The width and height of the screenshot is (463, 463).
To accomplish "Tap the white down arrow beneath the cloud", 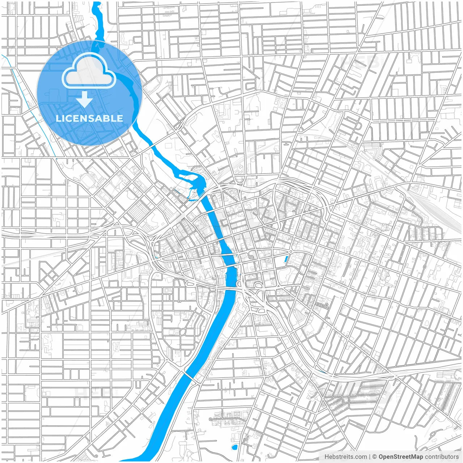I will (85, 99).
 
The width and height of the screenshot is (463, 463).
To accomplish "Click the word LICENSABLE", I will (89, 118).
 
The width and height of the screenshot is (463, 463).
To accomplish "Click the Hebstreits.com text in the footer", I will (345, 457).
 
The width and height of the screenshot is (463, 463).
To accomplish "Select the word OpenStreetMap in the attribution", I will (400, 457).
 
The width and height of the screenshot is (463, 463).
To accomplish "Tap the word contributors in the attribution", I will (442, 457).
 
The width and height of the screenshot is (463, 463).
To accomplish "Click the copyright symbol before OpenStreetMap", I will (375, 457).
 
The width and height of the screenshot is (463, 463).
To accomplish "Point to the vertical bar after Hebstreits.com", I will (370, 457).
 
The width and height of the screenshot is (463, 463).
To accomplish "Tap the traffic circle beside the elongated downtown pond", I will (290, 251).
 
